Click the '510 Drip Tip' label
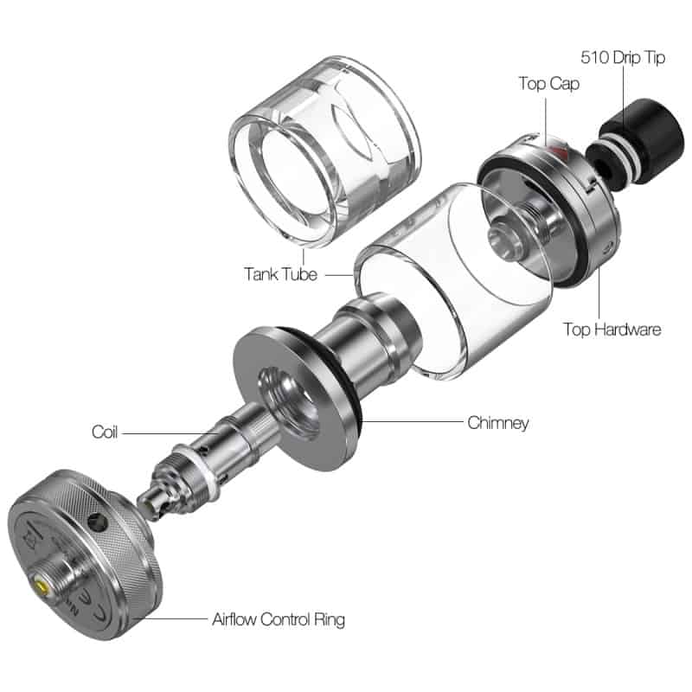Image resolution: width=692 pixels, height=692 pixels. (x=623, y=58)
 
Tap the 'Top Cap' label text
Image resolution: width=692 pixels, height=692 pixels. (x=549, y=84)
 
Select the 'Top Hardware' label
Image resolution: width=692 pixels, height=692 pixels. (x=612, y=330)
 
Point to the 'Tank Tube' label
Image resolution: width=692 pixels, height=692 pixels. (x=280, y=274)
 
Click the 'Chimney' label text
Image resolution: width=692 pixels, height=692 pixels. (x=498, y=423)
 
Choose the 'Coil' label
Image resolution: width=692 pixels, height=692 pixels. (x=105, y=432)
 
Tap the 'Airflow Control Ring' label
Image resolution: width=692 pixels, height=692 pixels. (x=279, y=619)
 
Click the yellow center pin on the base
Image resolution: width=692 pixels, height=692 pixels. (x=42, y=587)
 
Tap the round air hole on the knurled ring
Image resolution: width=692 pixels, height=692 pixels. (x=98, y=522)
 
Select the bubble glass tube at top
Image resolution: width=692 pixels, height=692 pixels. (x=325, y=151)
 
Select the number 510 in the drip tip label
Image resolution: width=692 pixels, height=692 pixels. (x=595, y=57)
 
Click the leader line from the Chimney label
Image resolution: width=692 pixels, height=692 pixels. (x=412, y=421)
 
